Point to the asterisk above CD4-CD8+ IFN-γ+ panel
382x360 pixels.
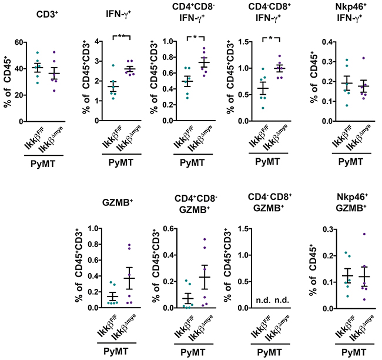coord(272,36)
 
